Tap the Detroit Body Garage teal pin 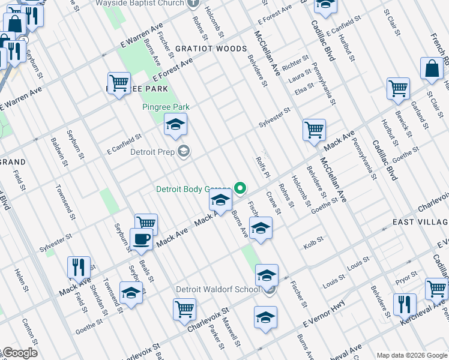click(241, 188)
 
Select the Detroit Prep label click(153, 151)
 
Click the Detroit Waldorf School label click(217, 289)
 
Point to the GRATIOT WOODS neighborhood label click(211, 49)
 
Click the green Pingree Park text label click(166, 107)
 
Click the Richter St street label click(295, 62)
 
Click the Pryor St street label click(406, 277)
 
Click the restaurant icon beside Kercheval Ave click(405, 304)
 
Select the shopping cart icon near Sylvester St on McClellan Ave click(315, 130)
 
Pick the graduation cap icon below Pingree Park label click(175, 124)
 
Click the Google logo click(19, 353)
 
